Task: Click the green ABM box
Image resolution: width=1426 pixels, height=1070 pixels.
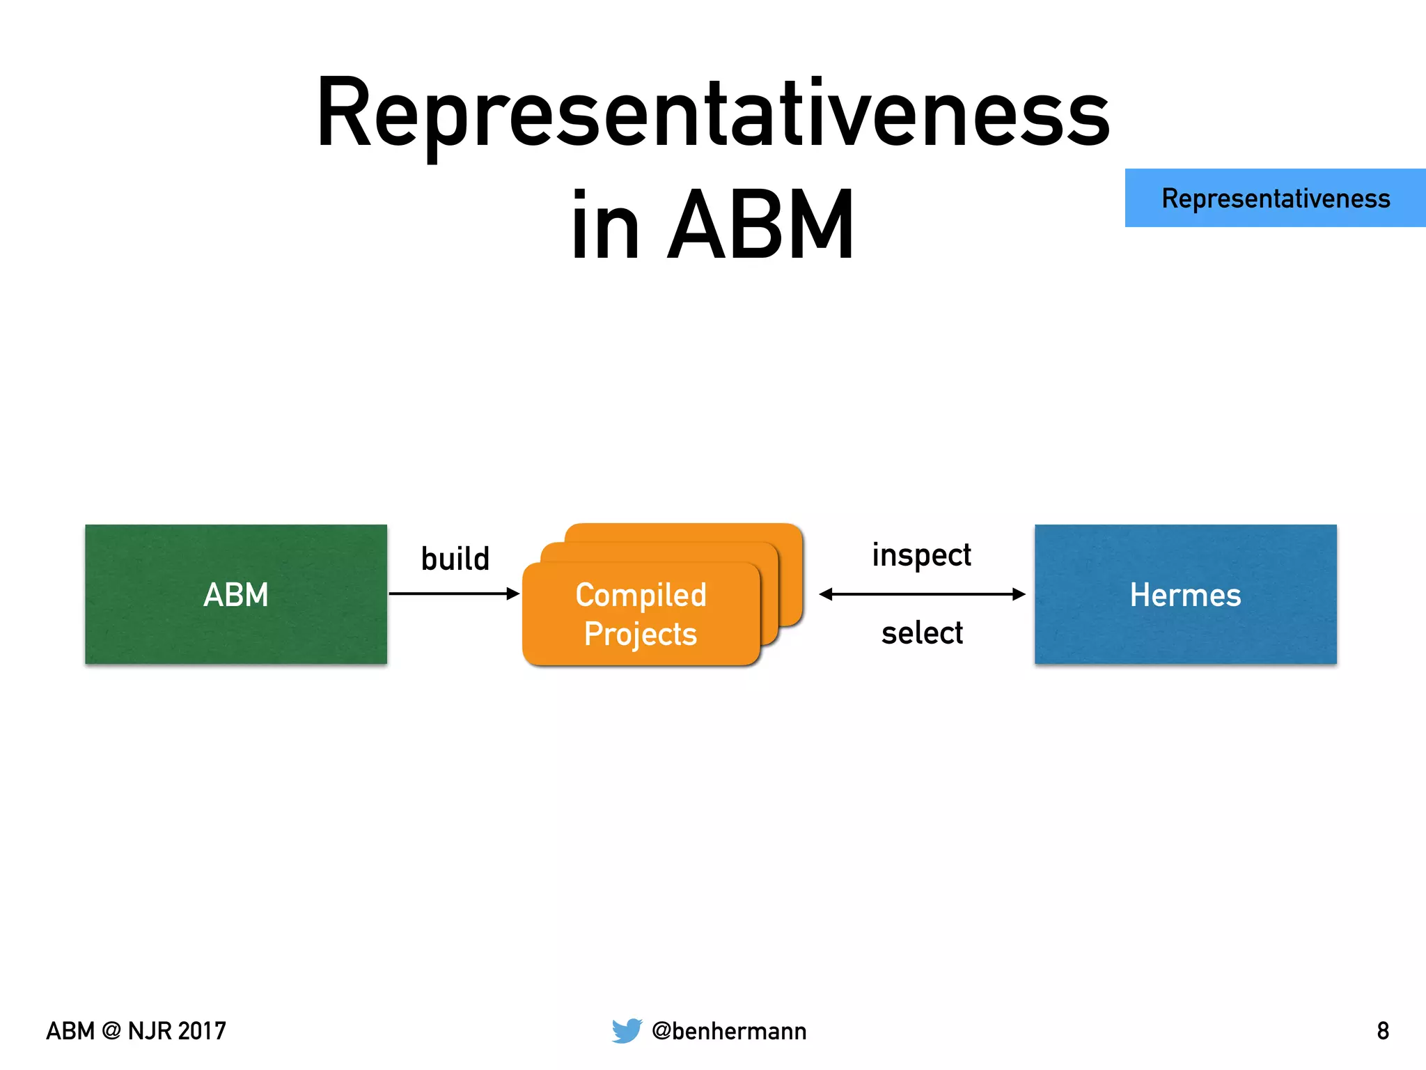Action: tap(235, 594)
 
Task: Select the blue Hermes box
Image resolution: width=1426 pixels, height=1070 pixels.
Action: tap(1185, 594)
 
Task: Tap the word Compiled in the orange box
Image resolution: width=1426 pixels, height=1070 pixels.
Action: tap(641, 595)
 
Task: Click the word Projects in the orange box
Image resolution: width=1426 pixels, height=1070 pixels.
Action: tap(641, 634)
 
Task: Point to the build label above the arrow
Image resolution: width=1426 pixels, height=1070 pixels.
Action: tap(455, 559)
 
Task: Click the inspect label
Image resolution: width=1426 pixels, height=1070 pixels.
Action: tap(921, 556)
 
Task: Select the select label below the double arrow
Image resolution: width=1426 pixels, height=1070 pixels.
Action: tap(922, 633)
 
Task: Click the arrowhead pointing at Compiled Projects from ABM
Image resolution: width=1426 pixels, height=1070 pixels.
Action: tap(514, 594)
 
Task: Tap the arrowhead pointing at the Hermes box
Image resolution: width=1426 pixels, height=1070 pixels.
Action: tap(1019, 594)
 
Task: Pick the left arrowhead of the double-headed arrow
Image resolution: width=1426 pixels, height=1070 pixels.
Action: tap(826, 594)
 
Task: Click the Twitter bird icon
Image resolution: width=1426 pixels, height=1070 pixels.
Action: tap(627, 1030)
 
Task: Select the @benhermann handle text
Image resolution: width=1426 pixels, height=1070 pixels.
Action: tap(729, 1031)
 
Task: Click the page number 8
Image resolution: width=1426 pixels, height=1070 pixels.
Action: tap(1383, 1031)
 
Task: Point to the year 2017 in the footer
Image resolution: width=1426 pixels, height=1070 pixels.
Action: tap(201, 1031)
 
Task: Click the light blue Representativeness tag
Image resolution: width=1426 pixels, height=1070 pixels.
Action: tap(1276, 198)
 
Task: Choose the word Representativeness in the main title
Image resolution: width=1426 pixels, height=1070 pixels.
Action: tap(713, 115)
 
